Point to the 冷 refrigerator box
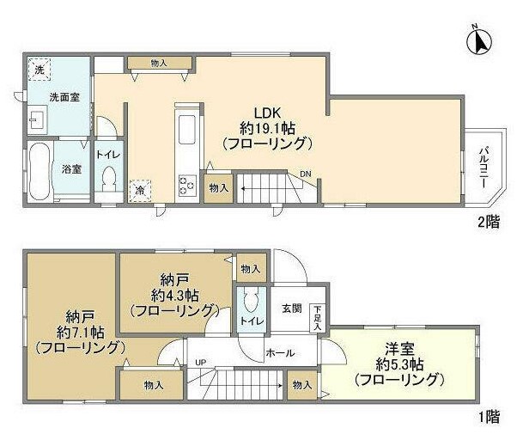pos(137,191)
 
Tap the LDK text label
pos(266,113)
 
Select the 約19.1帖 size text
pos(266,128)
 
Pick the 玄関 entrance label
pos(291,309)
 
